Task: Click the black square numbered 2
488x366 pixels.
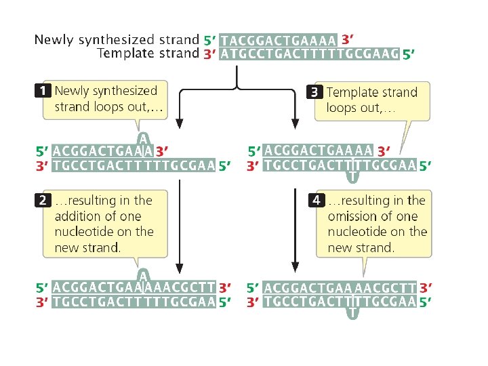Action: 43,200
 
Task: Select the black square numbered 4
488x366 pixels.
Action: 316,200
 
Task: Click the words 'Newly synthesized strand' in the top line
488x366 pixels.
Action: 117,40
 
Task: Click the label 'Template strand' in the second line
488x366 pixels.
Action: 148,54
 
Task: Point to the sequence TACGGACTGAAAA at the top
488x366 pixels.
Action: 278,40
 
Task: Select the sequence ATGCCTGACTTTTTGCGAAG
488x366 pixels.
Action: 309,54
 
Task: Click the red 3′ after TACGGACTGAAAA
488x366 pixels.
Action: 348,39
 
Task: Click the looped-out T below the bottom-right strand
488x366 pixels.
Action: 352,314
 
